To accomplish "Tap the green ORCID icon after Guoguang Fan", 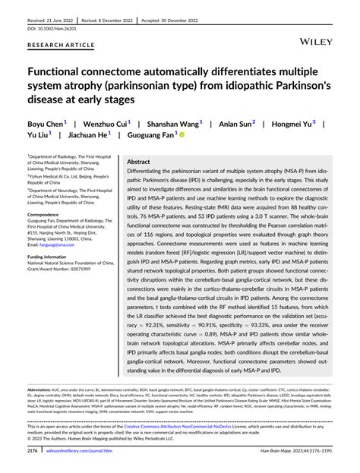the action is coord(182,134).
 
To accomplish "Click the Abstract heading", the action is coord(138,162).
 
